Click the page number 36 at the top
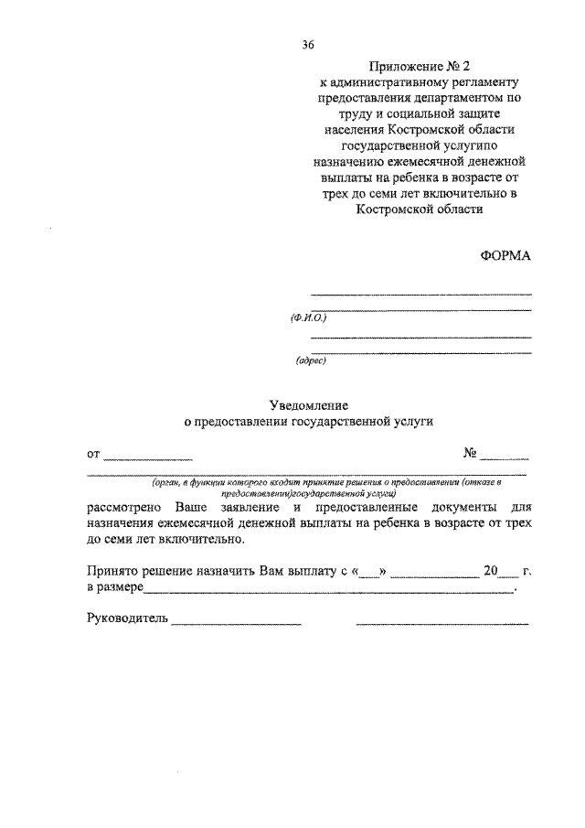coord(308,44)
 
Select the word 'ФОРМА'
coord(505,256)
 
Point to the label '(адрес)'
coord(311,360)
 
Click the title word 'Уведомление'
coord(310,403)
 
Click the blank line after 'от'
coord(148,455)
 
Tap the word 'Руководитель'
coord(127,619)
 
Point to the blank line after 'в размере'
coord(329,592)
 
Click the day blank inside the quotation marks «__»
coord(369,575)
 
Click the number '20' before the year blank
coord(492,572)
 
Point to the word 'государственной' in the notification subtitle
coord(348,422)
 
